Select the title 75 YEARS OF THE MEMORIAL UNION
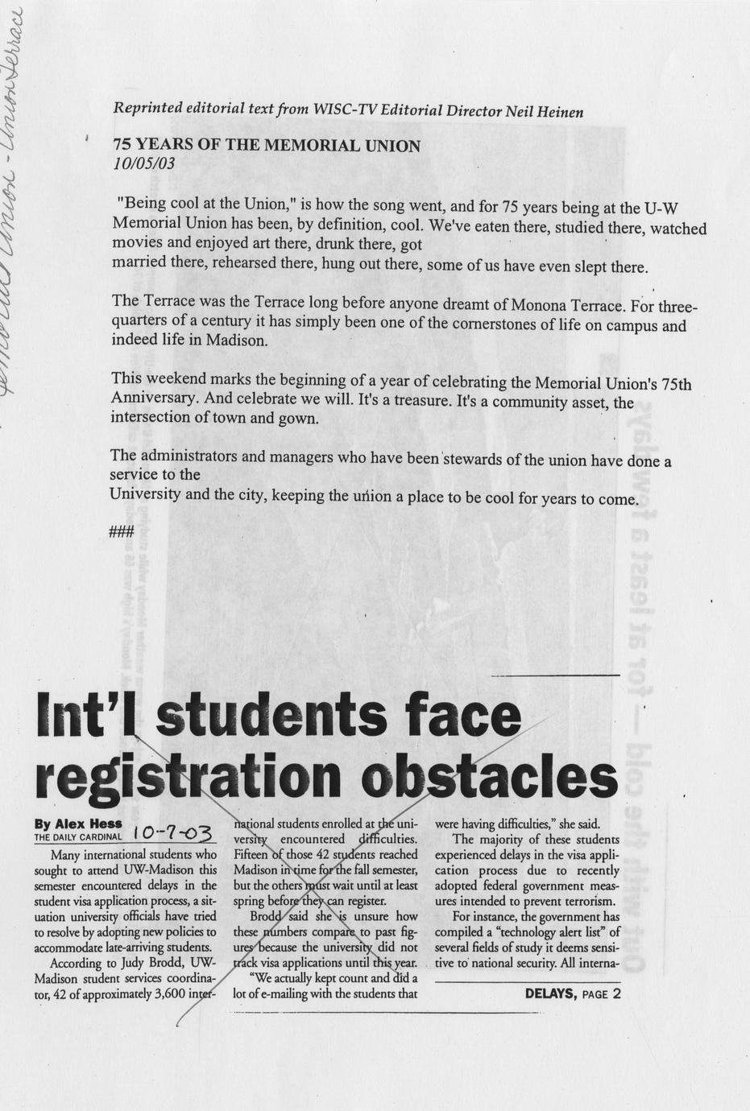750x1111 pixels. (267, 146)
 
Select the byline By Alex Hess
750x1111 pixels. (78, 824)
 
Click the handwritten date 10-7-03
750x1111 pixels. (172, 834)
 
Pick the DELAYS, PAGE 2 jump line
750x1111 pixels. (572, 993)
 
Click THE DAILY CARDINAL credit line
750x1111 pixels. (78, 836)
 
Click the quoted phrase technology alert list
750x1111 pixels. (545, 932)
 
